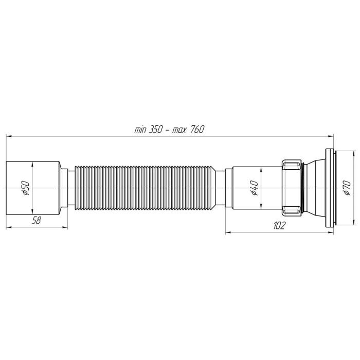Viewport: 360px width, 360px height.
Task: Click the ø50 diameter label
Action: tap(26, 188)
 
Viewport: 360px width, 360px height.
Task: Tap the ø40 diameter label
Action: tap(255, 188)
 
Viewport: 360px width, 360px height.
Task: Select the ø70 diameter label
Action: tap(347, 188)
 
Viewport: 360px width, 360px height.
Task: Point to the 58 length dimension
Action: tap(37, 221)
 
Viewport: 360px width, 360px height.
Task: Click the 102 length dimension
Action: tap(279, 225)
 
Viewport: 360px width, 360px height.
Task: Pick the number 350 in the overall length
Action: tap(156, 130)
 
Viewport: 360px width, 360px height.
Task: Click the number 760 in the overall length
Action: tap(197, 130)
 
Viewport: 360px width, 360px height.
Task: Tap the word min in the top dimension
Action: tap(140, 130)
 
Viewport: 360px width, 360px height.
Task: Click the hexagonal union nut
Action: tap(292, 188)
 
